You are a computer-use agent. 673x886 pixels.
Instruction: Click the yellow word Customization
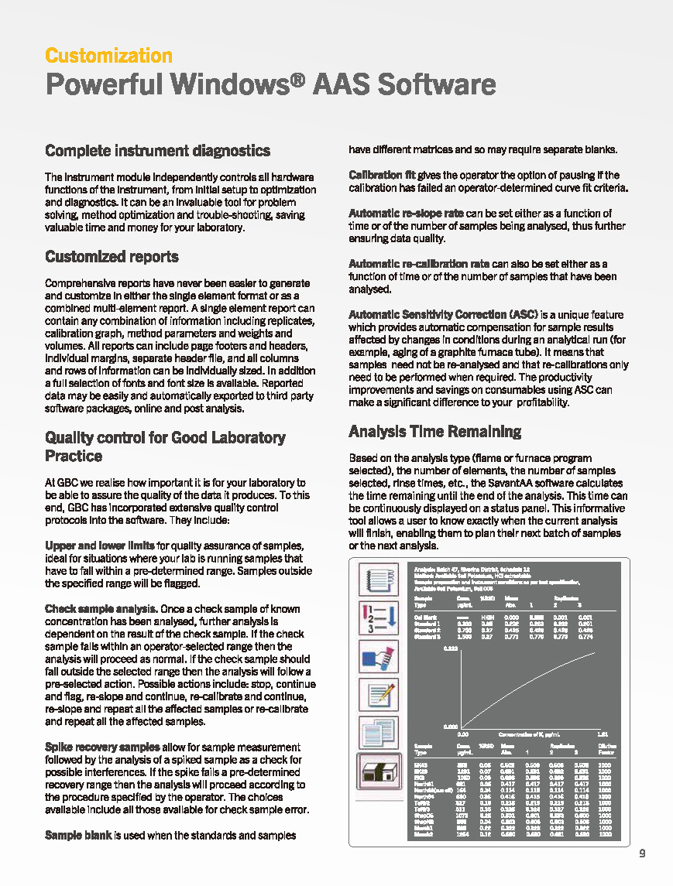click(x=108, y=56)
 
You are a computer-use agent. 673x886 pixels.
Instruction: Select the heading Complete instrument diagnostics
click(x=157, y=150)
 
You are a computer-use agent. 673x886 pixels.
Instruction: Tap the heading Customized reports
click(x=112, y=256)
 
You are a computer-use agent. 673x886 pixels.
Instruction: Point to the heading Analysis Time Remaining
click(x=434, y=431)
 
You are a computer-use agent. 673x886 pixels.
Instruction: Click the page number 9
click(x=642, y=854)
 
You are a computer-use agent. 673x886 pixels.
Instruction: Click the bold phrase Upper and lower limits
click(x=100, y=546)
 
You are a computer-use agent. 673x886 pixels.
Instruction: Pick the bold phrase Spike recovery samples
click(x=102, y=747)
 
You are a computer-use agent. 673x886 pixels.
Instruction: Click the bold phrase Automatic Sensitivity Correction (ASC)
click(x=443, y=314)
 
